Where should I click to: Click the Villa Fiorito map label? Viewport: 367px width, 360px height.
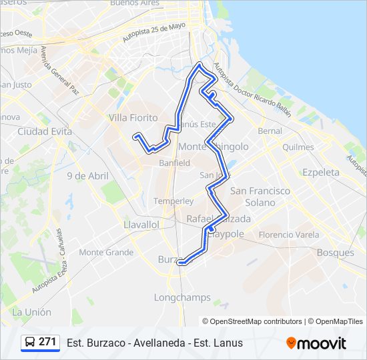(133, 118)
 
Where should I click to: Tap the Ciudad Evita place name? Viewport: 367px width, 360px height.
(45, 131)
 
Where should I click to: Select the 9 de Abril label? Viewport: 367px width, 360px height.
(87, 176)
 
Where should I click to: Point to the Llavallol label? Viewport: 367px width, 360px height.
(141, 225)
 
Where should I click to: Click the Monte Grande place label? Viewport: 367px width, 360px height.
(106, 252)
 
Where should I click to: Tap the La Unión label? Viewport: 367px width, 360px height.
(31, 312)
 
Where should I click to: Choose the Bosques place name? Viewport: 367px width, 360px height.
(335, 253)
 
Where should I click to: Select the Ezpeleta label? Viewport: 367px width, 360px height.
(321, 172)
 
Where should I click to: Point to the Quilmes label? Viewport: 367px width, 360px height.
(298, 147)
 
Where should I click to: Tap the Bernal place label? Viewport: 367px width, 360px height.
(270, 131)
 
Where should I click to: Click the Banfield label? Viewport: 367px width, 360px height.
(174, 163)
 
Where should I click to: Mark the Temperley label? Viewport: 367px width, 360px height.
(173, 201)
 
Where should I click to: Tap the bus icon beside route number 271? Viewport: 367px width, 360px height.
(30, 343)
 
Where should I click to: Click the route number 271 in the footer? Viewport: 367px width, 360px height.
(47, 342)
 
